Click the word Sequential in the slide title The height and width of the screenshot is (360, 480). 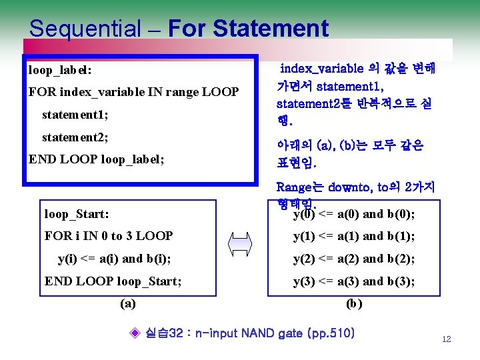coord(84,29)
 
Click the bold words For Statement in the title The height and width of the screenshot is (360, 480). coord(249,29)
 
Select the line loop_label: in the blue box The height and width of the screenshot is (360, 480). coord(60,69)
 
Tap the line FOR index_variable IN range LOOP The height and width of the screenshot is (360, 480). coord(133,92)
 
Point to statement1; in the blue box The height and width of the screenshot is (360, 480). coord(75,115)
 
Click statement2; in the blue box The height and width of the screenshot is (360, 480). coord(75,137)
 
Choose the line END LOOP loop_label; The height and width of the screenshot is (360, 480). coord(105,160)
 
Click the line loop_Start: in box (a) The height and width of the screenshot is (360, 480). coord(77,214)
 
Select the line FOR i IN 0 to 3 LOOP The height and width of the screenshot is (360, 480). coord(109,236)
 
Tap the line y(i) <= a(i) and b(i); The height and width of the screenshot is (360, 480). coord(113,259)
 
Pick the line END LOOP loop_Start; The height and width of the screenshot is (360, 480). coord(113,281)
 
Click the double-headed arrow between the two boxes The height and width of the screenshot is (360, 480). coord(242,247)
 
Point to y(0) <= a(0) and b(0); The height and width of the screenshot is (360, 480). coord(354,214)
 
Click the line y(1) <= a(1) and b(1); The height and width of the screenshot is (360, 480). coord(354,236)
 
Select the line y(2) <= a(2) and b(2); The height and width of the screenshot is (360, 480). coord(354,259)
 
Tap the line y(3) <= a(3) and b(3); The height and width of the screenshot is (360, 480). coord(354,281)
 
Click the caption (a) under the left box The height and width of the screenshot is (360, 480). coord(128,303)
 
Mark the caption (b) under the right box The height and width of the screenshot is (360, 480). coord(354,303)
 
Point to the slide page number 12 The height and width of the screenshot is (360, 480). coord(446,339)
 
